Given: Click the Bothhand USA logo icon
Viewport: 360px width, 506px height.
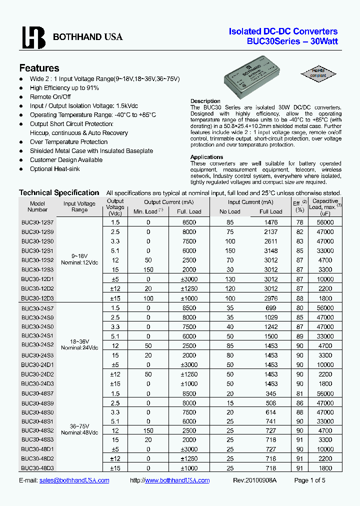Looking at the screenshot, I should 33,37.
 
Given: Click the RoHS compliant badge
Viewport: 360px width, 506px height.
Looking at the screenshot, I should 318,73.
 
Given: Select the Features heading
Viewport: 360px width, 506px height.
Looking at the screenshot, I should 39,68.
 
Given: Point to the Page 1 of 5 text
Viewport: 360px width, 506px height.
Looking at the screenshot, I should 309,480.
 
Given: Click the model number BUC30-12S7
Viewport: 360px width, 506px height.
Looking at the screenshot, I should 37,222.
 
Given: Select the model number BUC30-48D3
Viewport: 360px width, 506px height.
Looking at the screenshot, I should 37,468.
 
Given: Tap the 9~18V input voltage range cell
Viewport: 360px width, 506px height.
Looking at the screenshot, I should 79,255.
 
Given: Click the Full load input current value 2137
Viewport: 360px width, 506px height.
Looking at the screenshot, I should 270,232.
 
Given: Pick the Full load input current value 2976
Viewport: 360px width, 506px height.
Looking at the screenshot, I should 270,298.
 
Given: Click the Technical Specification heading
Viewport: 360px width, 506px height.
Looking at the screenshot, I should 59,192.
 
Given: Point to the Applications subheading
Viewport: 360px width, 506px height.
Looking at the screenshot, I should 206,157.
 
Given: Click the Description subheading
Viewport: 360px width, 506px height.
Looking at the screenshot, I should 205,101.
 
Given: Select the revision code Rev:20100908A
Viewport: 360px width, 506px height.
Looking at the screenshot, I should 254,480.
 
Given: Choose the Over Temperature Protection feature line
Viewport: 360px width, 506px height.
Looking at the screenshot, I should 68,142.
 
